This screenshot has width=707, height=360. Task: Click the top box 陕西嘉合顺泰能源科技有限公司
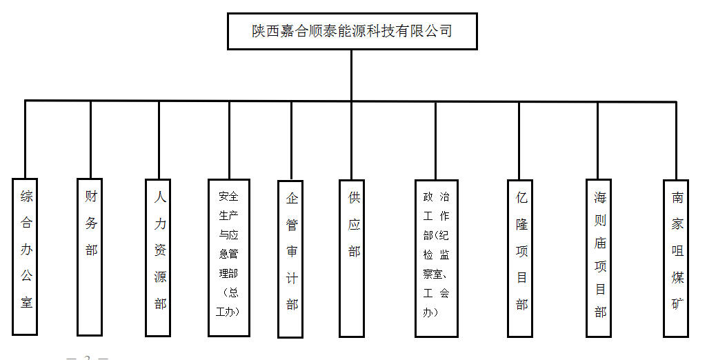(351, 30)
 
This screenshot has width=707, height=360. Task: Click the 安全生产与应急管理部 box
(228, 257)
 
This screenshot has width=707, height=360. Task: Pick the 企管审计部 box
(290, 259)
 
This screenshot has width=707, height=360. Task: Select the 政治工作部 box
(436, 258)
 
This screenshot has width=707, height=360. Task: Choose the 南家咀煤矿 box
(677, 258)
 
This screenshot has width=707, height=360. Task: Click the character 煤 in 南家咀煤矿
(677, 277)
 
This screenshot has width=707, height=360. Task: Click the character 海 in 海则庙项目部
(600, 198)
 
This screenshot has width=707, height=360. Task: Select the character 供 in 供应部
(354, 199)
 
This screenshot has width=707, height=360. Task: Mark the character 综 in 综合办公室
(26, 197)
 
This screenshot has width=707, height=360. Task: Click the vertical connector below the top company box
(351, 74)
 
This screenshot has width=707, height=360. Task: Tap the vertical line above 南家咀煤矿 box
(677, 141)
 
